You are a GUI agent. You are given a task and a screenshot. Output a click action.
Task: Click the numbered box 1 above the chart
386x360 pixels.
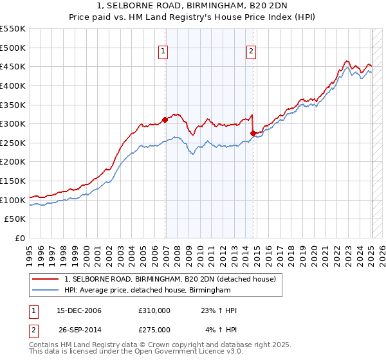[163, 53]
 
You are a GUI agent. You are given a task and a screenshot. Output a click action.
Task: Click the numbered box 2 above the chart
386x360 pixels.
[251, 53]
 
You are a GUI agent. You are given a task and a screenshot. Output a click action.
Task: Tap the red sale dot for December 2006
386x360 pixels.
[165, 119]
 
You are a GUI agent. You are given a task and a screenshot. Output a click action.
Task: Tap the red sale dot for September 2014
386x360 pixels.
[253, 133]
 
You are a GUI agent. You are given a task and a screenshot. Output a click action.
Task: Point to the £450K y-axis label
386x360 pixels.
[13, 66]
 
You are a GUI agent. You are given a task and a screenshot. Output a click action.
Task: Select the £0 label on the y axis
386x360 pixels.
[19, 238]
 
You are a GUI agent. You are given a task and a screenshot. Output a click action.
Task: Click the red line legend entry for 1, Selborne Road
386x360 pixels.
[170, 279]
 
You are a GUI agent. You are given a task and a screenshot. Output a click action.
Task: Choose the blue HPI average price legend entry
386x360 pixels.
[147, 291]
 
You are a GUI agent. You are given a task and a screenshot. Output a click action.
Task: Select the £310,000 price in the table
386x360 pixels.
[154, 311]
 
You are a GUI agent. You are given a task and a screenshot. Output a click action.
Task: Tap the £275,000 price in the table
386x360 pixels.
[154, 329]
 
